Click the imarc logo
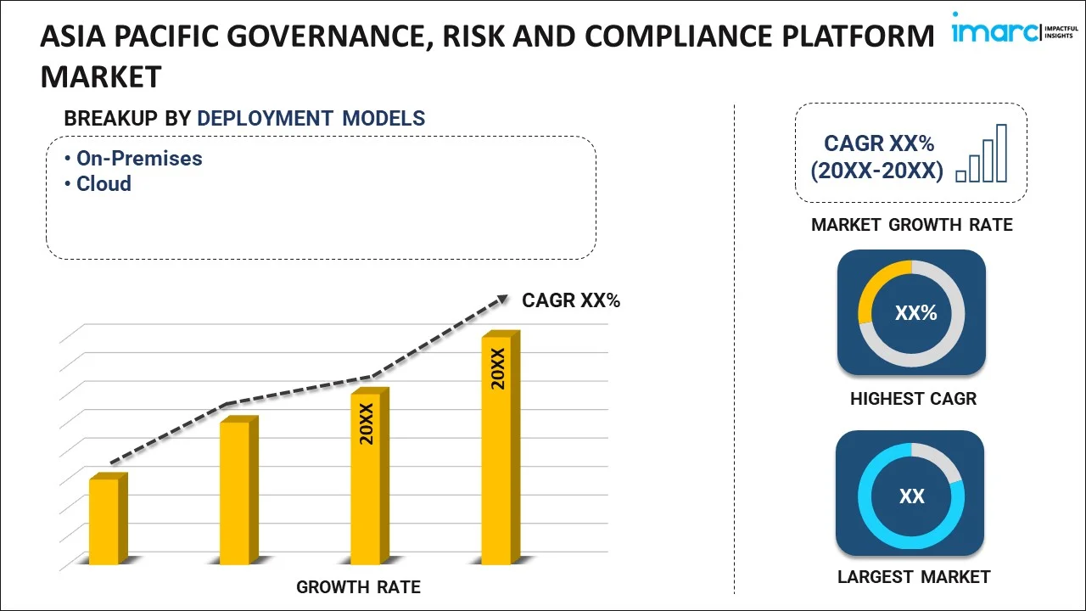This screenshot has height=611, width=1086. pyautogui.click(x=1011, y=32)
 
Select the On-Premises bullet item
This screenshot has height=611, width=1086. pyautogui.click(x=139, y=159)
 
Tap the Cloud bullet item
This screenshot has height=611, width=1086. pyautogui.click(x=104, y=184)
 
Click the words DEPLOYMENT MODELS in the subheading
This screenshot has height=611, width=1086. pyautogui.click(x=311, y=119)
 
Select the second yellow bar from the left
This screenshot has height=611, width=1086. pyautogui.click(x=235, y=492)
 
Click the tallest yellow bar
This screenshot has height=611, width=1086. pyautogui.click(x=497, y=450)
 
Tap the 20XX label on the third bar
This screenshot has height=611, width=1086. pyautogui.click(x=367, y=423)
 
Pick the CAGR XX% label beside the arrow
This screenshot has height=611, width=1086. pyautogui.click(x=571, y=300)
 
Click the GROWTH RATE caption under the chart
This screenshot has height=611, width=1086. pyautogui.click(x=358, y=587)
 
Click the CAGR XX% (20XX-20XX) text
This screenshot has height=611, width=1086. pyautogui.click(x=877, y=158)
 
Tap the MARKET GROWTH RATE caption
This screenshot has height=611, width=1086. pyautogui.click(x=911, y=225)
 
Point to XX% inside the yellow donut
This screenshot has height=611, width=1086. pyautogui.click(x=915, y=313)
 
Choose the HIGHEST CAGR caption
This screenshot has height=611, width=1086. pyautogui.click(x=913, y=399)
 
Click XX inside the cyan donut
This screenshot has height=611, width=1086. pyautogui.click(x=911, y=496)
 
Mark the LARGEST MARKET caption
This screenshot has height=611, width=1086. pyautogui.click(x=913, y=577)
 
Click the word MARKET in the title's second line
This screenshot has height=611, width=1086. pyautogui.click(x=100, y=77)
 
